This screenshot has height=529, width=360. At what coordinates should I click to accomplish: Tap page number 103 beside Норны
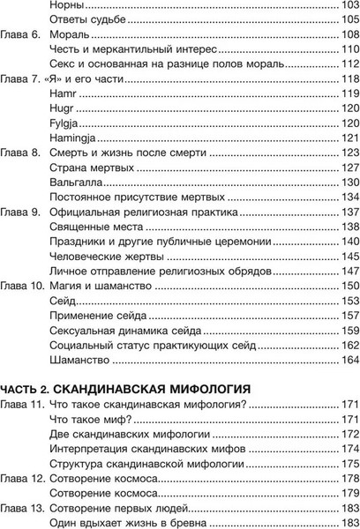click(349, 5)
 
